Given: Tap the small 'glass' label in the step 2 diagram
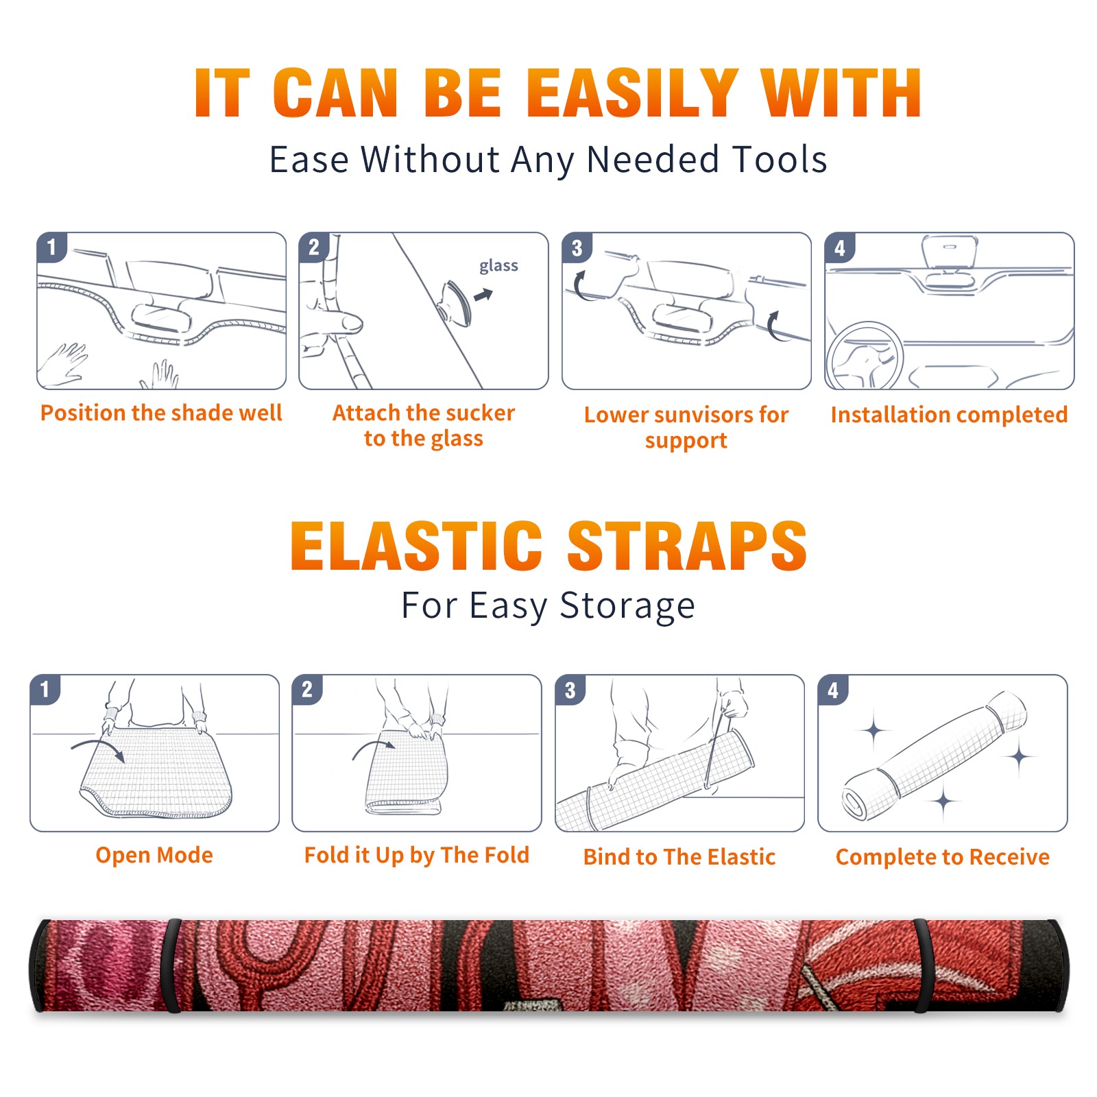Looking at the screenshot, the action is click(498, 266).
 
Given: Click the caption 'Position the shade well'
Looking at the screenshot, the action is click(161, 413).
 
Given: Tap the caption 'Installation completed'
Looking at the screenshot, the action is click(949, 415).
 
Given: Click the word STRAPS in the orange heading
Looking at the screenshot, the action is click(687, 546).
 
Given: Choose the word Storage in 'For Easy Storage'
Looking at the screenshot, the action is click(627, 606).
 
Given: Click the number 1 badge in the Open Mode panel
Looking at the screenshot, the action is click(45, 689).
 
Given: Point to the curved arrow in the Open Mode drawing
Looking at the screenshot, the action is click(98, 749).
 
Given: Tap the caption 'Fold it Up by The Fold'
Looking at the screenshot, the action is click(417, 856).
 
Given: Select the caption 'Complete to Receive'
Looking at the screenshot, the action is click(943, 857).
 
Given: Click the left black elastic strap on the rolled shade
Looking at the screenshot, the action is click(170, 966).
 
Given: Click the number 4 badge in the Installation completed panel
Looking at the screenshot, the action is click(840, 248).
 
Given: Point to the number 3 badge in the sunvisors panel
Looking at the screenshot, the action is click(577, 248).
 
